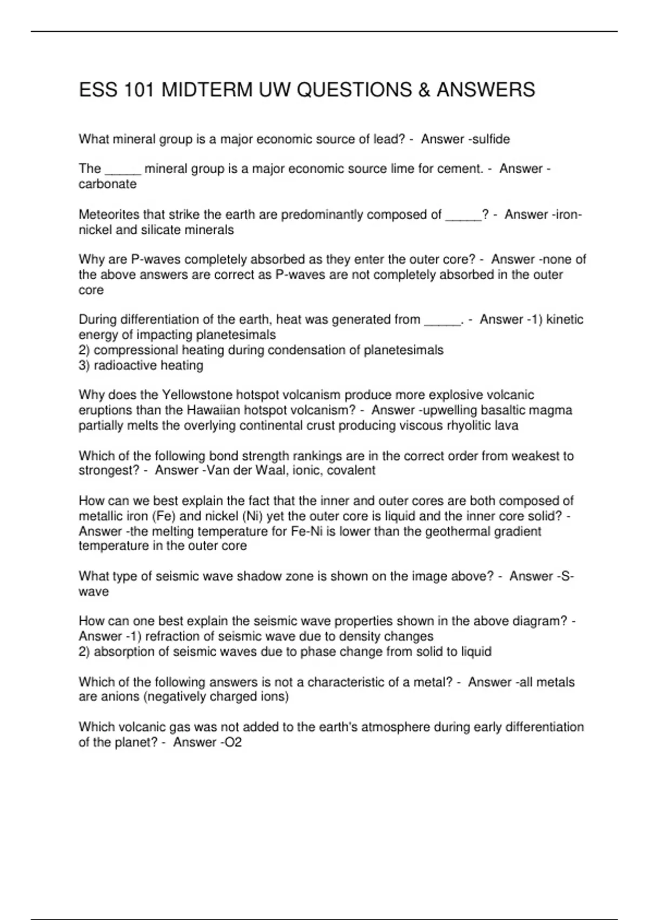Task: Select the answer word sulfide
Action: tap(491, 140)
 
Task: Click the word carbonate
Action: tap(108, 184)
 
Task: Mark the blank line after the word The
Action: tap(123, 169)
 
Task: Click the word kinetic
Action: tap(565, 320)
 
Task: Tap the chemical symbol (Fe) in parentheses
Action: tap(161, 516)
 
